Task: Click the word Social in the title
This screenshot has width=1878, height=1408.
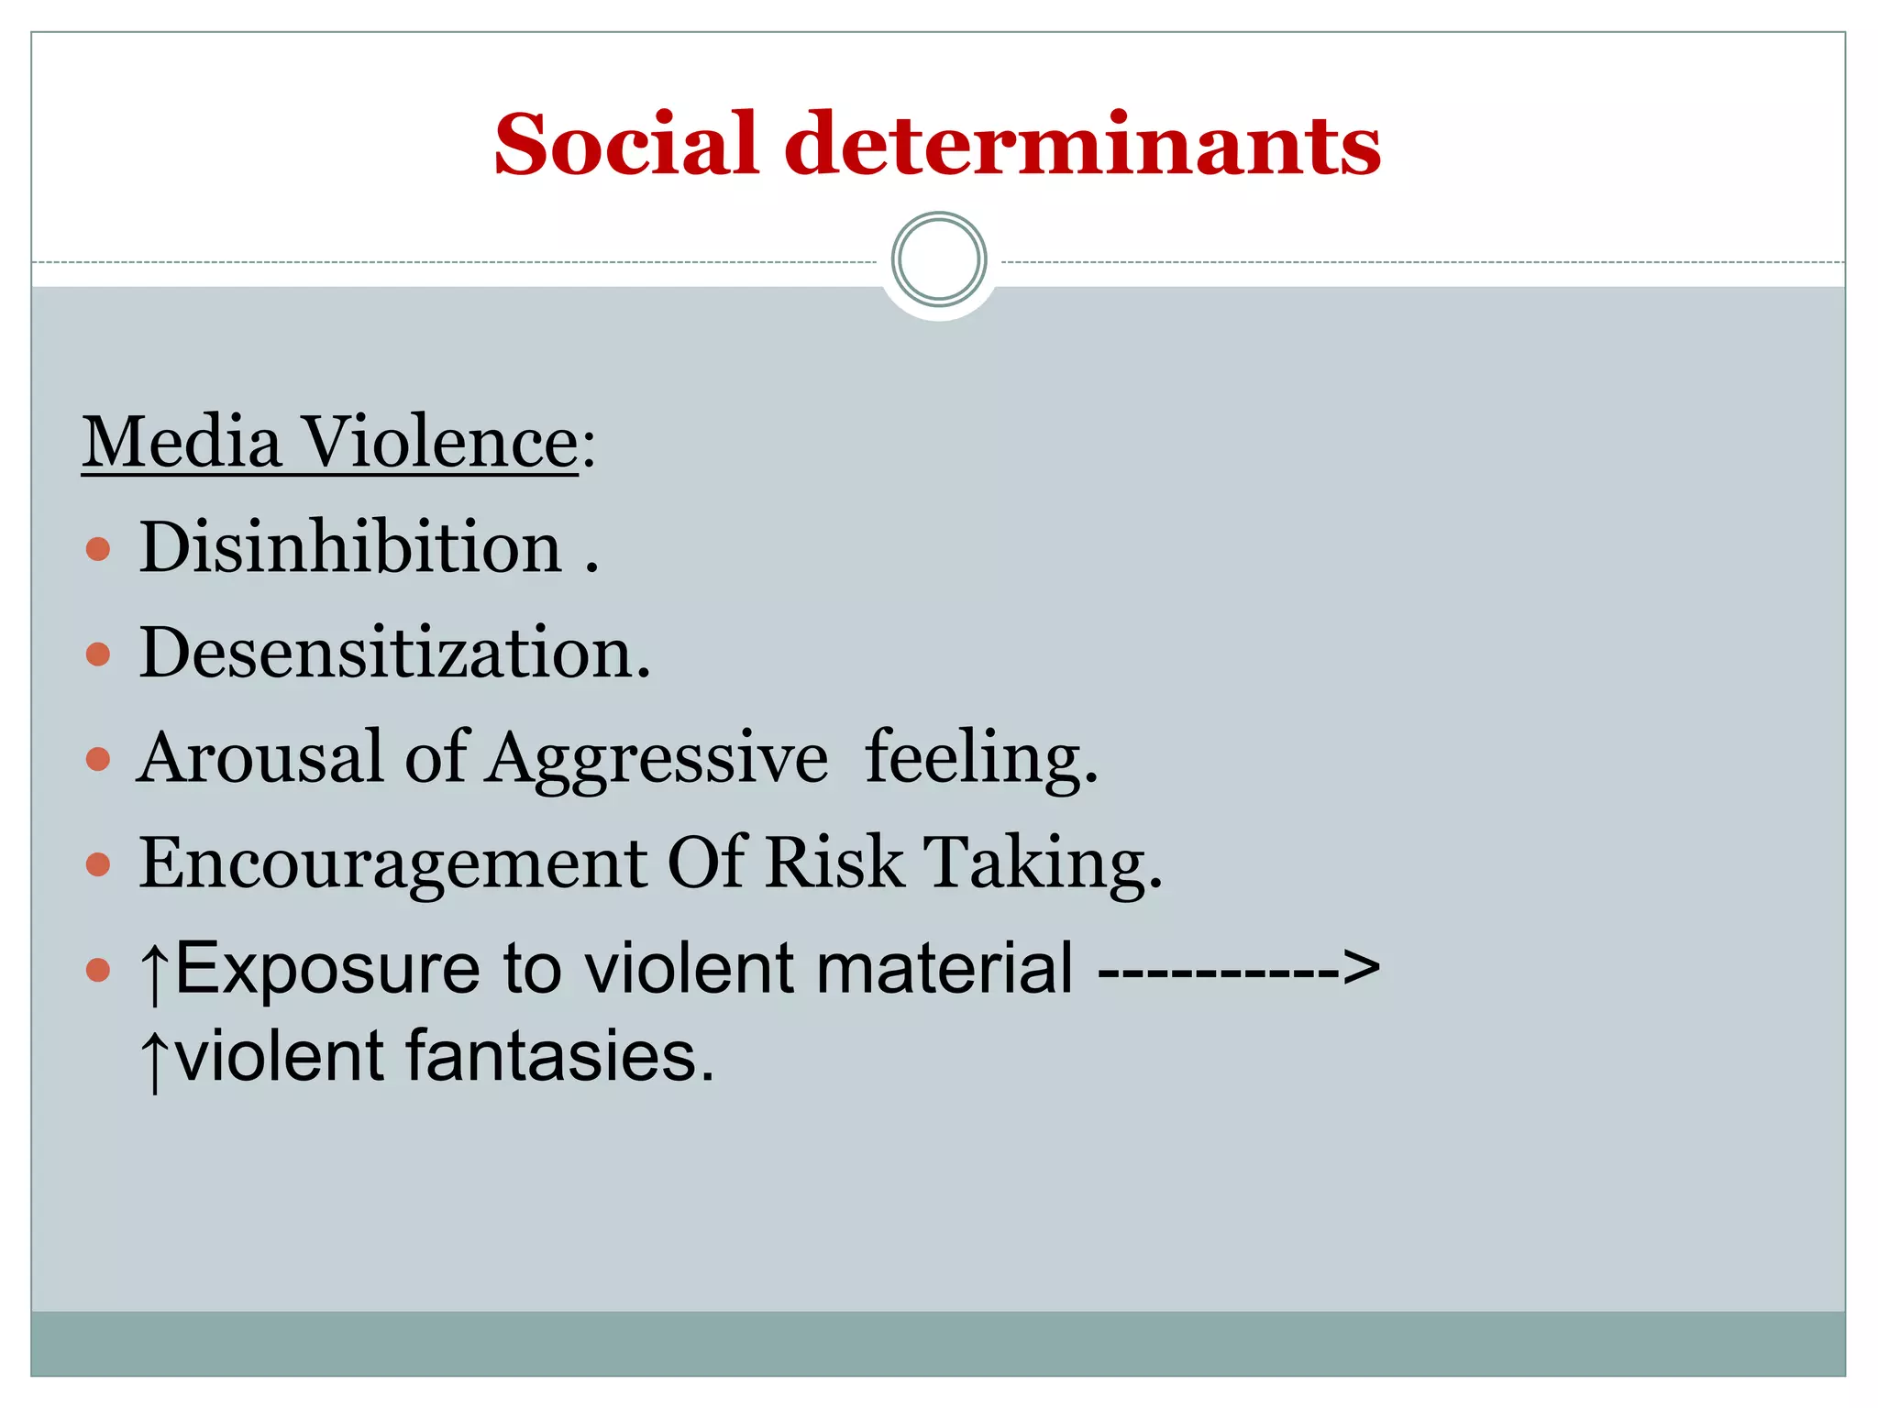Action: coord(626,144)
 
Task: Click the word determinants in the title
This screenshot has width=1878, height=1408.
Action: coord(1082,144)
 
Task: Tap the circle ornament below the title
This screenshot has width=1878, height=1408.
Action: coord(939,259)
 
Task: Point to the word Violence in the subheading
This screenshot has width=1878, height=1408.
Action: coord(440,443)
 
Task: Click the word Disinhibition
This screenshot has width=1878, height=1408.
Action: coord(350,547)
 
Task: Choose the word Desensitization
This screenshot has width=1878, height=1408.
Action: coord(394,653)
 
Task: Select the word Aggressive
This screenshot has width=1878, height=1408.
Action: coord(657,760)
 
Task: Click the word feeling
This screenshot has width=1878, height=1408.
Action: coord(980,758)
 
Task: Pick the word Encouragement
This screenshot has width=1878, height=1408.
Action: coord(393,863)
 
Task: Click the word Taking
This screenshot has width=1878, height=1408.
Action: coord(1042,863)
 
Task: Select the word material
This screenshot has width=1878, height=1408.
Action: coord(945,968)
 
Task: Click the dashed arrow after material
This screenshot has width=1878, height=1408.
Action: coord(1238,968)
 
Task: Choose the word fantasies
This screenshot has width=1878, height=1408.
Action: coord(559,1056)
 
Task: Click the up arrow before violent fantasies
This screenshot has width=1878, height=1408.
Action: coord(155,1059)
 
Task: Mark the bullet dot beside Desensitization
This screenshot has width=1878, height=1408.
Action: coord(98,654)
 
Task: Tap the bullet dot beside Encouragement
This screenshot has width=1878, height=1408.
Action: coord(98,864)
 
